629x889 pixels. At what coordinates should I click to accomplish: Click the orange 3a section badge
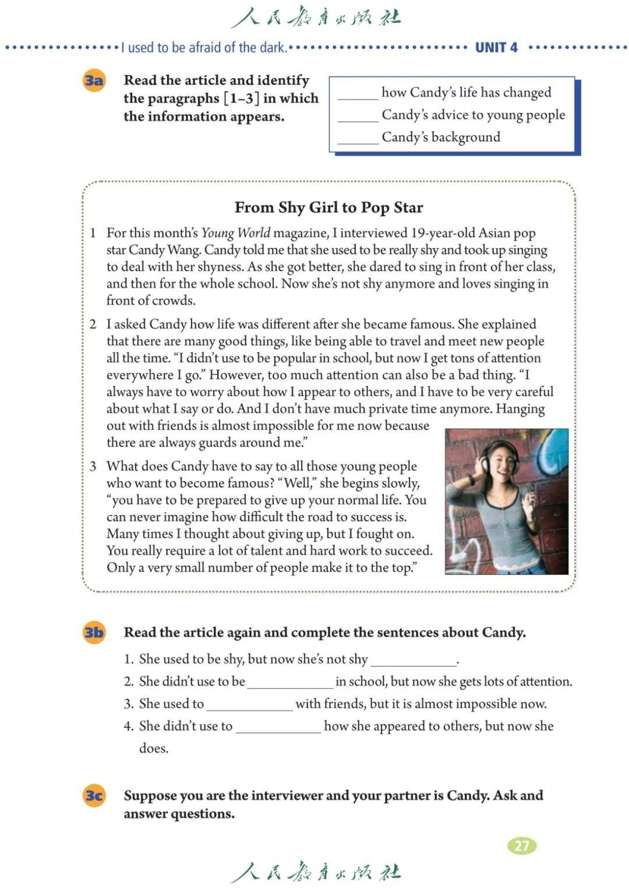(x=94, y=80)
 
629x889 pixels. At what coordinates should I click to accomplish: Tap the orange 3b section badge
(x=94, y=632)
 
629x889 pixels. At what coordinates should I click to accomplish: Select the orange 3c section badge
(x=94, y=795)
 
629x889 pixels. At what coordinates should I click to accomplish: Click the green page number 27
(x=522, y=845)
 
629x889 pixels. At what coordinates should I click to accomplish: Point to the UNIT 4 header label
(x=496, y=48)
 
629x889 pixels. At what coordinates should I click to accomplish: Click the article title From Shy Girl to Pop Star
(x=328, y=207)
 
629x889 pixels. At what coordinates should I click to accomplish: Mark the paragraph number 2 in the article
(x=93, y=324)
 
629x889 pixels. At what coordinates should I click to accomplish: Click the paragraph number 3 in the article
(x=93, y=466)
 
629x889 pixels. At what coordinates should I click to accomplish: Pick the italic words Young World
(x=235, y=233)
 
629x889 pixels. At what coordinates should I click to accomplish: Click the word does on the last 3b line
(x=153, y=749)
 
